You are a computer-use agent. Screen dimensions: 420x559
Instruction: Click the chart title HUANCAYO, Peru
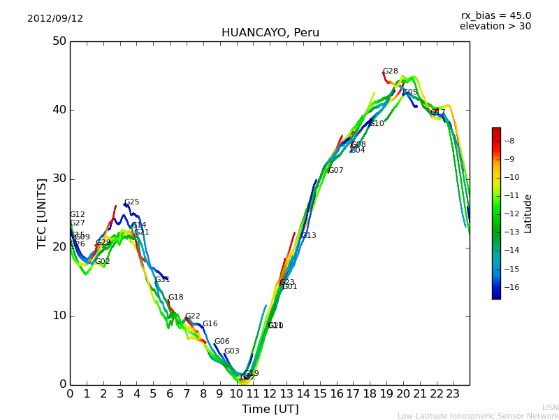pos(270,33)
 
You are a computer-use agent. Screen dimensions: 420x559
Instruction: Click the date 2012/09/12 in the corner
pos(55,19)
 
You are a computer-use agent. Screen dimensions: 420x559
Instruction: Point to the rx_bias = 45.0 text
pos(495,15)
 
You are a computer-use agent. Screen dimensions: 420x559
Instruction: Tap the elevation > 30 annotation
pos(495,27)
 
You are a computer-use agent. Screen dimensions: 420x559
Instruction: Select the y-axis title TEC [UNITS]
pos(42,213)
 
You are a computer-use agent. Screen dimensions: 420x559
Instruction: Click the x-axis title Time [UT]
pos(270,409)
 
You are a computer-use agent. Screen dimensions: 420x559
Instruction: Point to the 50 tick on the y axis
pos(59,41)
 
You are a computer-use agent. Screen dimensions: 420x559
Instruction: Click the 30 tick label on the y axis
pos(59,178)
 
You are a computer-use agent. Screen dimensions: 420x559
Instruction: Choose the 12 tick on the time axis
pos(270,394)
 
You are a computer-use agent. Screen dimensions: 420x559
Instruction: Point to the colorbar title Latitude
pos(528,213)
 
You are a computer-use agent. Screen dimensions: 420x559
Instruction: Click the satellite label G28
pos(390,71)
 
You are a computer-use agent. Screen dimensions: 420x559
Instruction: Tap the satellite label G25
pos(131,202)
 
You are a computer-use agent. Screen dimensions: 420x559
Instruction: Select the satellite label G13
pos(308,236)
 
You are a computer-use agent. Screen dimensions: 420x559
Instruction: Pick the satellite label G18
pos(175,297)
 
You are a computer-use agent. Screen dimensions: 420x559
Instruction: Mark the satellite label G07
pos(335,171)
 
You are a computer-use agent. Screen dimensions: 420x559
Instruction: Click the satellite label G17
pos(437,112)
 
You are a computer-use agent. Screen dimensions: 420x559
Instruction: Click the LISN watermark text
pos(550,407)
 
